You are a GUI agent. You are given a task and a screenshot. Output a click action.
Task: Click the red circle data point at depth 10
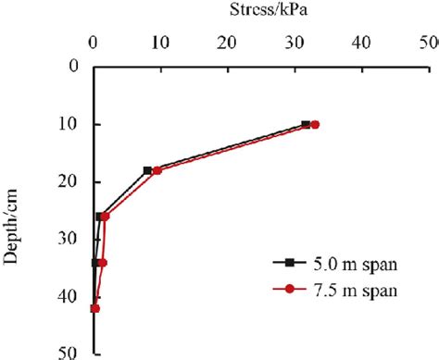coord(315,124)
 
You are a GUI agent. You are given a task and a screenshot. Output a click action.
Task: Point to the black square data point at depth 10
coord(306,124)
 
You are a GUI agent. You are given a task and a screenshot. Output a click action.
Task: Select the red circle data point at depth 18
coord(157,170)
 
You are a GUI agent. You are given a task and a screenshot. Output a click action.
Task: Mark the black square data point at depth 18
coord(147,170)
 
